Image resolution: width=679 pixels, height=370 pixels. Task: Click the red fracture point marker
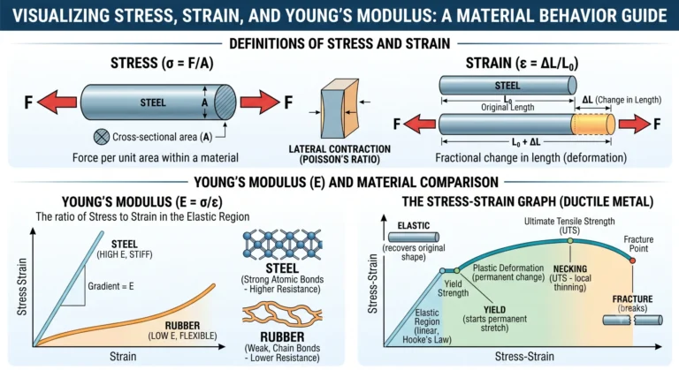pyautogui.click(x=633, y=261)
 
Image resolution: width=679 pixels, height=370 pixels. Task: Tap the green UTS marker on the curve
pyautogui.click(x=570, y=240)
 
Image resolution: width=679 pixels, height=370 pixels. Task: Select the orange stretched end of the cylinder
pyautogui.click(x=593, y=125)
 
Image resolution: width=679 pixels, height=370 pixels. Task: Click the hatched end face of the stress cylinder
pyautogui.click(x=225, y=102)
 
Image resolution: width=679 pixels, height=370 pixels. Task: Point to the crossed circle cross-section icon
pyautogui.click(x=102, y=137)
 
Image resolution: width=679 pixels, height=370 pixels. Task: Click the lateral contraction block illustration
pyautogui.click(x=339, y=109)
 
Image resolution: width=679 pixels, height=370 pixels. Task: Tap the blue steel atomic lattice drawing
pyautogui.click(x=282, y=245)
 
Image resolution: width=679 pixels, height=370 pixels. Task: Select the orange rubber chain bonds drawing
pyautogui.click(x=282, y=315)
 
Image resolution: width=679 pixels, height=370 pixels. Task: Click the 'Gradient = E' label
pyautogui.click(x=111, y=286)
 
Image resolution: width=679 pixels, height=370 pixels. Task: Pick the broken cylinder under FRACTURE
pyautogui.click(x=633, y=321)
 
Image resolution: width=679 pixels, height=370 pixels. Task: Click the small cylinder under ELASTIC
pyautogui.click(x=414, y=238)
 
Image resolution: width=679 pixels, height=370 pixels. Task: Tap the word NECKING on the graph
pyautogui.click(x=570, y=268)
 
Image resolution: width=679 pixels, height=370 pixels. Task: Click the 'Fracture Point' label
pyautogui.click(x=638, y=244)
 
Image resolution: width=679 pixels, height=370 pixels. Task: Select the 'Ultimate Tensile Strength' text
pyautogui.click(x=569, y=221)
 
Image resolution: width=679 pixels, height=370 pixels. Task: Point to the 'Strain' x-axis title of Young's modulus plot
pyautogui.click(x=123, y=357)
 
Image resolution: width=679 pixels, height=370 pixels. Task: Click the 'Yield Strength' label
pyautogui.click(x=453, y=289)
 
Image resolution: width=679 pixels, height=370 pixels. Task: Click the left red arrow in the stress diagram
pyautogui.click(x=57, y=102)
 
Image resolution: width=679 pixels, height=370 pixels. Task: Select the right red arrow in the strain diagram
pyautogui.click(x=635, y=125)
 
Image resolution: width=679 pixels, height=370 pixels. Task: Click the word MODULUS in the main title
pyautogui.click(x=390, y=16)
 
